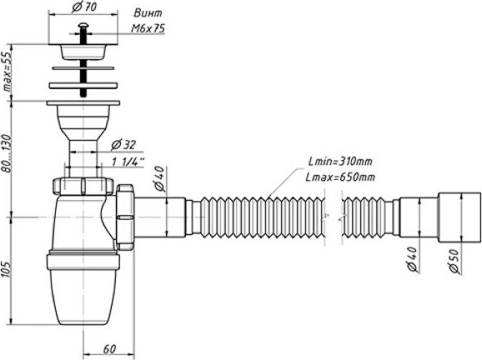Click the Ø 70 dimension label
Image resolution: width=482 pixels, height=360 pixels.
coord(83,7)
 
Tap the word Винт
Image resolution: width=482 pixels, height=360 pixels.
coord(148,13)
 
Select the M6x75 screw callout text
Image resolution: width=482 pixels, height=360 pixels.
coord(148,28)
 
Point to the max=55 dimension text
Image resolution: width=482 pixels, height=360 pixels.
coord(7,72)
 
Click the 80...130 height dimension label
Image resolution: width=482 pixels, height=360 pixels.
coord(7,153)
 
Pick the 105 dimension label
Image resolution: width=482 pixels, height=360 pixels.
coord(7,270)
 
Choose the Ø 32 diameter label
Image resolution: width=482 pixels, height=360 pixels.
coord(123,145)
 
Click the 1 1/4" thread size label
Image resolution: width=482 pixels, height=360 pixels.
coord(128,162)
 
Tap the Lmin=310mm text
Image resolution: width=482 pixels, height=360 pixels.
coord(340,162)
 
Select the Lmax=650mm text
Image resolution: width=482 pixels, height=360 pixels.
coord(340,177)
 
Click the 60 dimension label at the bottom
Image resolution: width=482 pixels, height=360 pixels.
coord(109,349)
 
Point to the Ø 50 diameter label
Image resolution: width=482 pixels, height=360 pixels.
coord(454,261)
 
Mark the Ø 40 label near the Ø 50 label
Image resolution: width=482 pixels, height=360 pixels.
coord(412,259)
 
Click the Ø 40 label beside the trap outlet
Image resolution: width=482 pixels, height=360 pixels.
coord(159,178)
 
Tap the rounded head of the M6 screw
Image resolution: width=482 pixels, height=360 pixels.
coord(83,25)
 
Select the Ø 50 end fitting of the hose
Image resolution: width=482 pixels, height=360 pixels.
coord(459,217)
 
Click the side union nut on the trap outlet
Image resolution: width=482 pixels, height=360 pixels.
coord(125,217)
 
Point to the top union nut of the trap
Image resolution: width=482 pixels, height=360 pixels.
coord(83,186)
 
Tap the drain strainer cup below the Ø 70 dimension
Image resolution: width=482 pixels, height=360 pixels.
coord(83,52)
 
